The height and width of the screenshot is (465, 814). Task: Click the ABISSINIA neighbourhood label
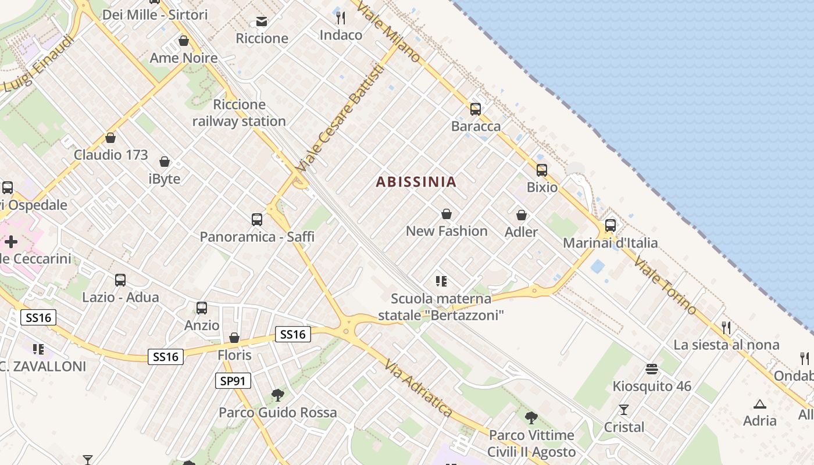tap(416, 182)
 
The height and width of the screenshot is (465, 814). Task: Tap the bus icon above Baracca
tap(476, 109)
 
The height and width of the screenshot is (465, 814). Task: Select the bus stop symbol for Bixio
tap(542, 170)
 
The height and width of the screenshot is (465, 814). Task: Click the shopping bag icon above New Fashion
tap(447, 214)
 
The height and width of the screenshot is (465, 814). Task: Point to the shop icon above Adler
tap(522, 216)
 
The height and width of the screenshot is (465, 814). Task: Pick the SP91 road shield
tap(233, 381)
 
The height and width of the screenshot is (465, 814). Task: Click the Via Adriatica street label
tap(418, 388)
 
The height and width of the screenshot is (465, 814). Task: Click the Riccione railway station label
tap(239, 113)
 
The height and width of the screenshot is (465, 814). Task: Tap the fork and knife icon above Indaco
tap(341, 18)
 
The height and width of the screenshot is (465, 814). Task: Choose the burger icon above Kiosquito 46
tap(652, 369)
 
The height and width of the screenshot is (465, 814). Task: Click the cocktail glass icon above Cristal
tap(624, 410)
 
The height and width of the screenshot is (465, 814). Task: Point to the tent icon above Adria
tap(759, 404)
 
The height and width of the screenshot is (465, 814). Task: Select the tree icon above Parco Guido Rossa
tap(278, 395)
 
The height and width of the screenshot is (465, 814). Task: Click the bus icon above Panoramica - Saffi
tap(257, 220)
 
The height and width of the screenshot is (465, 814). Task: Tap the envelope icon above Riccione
tap(262, 22)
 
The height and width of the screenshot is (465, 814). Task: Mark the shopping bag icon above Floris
tap(234, 338)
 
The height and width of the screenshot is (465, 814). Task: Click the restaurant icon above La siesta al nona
tap(726, 328)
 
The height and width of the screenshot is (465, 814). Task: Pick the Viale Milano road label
tap(388, 32)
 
